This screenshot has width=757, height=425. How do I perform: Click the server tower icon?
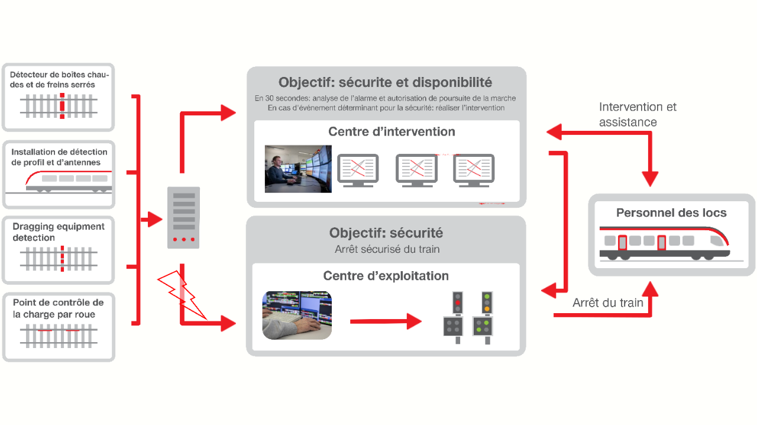point(184,217)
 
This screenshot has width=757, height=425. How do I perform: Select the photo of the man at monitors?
point(298,169)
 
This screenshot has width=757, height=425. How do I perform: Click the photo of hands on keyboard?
point(297,315)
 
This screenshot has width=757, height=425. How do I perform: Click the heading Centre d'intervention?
point(392,131)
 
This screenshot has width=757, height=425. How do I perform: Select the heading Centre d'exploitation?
point(386,276)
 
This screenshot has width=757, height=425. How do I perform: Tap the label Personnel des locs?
point(671,213)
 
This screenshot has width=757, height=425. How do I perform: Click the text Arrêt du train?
point(607,303)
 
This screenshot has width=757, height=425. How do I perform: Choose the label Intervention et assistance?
point(637,114)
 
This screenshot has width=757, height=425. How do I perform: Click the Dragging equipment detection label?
point(58,232)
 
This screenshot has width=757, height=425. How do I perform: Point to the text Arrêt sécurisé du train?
point(387,249)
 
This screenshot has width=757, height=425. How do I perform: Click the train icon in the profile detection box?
point(68,181)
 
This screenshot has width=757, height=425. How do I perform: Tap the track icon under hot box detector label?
point(59,106)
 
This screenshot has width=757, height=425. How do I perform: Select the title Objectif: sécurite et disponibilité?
point(385,82)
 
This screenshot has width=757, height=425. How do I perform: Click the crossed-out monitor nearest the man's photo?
point(357,170)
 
